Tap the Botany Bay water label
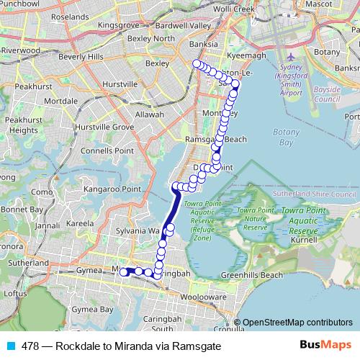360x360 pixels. (x=285, y=137)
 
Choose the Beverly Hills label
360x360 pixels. (x=81, y=56)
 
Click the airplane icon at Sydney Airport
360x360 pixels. (x=291, y=57)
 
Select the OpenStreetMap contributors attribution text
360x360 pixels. (x=297, y=323)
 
